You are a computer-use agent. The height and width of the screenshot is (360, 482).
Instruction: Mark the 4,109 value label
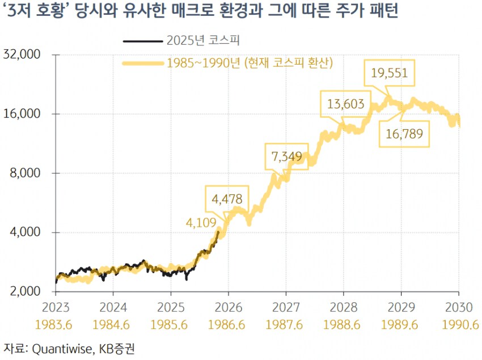click(202, 223)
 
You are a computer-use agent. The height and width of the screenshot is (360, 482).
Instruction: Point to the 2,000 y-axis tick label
click(24, 291)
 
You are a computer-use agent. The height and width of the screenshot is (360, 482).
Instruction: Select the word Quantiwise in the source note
click(60, 348)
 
